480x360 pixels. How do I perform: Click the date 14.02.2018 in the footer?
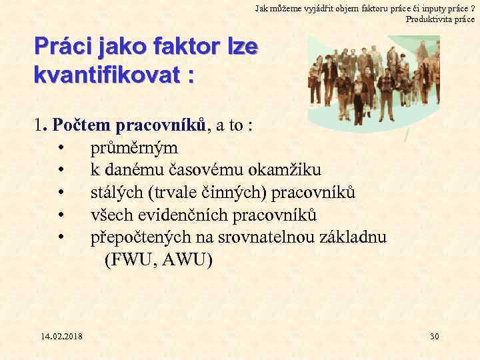(x=61, y=336)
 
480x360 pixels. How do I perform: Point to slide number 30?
(x=434, y=336)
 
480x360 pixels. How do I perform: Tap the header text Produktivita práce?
(x=440, y=19)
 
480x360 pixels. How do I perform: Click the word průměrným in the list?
(x=135, y=147)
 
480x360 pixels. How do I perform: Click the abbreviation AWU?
(x=187, y=261)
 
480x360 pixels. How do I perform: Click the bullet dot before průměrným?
(x=61, y=147)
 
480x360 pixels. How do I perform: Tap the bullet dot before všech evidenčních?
(x=61, y=216)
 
